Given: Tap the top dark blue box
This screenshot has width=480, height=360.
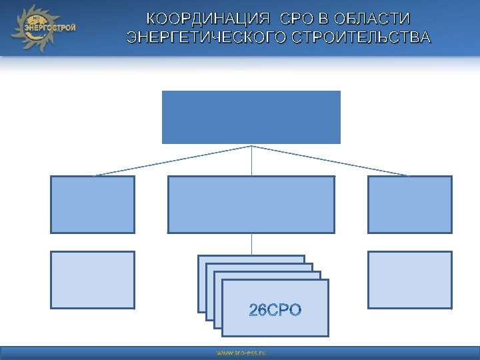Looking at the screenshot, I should click(x=251, y=117).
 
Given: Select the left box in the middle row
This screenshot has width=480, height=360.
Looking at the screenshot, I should click(x=93, y=204).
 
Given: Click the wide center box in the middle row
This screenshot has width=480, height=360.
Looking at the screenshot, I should click(x=251, y=204).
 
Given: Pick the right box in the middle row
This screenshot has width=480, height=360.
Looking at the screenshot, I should click(x=409, y=204).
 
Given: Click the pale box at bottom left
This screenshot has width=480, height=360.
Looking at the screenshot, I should click(x=93, y=280).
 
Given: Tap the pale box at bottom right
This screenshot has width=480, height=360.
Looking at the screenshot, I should click(x=409, y=280).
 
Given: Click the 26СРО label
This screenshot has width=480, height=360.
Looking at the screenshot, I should click(x=275, y=310).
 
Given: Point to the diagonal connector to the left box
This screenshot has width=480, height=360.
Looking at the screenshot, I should click(x=173, y=161).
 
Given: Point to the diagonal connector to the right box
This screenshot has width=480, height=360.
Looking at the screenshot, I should click(x=330, y=161).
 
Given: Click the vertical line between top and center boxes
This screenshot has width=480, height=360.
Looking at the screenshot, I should click(x=251, y=160).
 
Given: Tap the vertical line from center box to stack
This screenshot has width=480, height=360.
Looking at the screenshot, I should click(x=251, y=244).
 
